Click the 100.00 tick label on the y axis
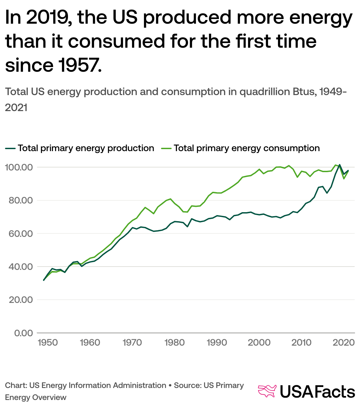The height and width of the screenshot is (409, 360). point(19,167)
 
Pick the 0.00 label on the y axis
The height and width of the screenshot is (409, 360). point(23,333)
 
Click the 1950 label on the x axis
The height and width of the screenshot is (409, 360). point(48,343)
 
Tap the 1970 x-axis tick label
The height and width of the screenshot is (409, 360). point(132,343)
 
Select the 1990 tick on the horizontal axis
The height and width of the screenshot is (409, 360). point(217,343)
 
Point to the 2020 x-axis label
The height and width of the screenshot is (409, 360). point(344,343)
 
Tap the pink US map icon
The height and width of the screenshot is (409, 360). point(267,391)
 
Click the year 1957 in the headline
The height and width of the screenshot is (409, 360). point(80,65)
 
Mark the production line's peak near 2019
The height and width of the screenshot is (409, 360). point(339,165)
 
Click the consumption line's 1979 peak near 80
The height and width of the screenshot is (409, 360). point(170,199)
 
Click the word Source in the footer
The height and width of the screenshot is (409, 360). point(187,385)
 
